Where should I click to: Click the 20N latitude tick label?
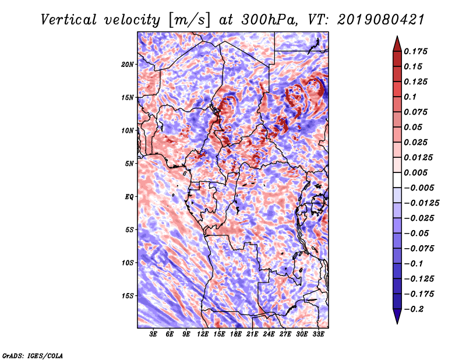coord(127,65)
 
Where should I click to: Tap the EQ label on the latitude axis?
coord(129,197)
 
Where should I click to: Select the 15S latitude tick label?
coord(127,296)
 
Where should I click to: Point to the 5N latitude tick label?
coord(129,164)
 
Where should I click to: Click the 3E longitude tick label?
coord(153,334)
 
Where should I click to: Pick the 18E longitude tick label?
coord(236,334)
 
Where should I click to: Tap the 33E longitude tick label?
coord(318,334)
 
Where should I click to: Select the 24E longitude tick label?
coord(269,334)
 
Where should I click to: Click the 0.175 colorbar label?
coord(415,51)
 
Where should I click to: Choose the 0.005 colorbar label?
coord(415,172)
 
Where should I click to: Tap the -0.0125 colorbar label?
coord(421,203)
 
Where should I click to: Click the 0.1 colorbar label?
coord(410,97)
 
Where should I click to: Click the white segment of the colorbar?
coord(397,180)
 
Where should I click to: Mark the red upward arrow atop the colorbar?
coord(397,44)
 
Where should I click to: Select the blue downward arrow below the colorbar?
coord(397,316)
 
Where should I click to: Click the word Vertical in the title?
coord(68,20)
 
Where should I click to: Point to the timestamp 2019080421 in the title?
coord(381,20)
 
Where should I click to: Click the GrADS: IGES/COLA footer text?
coord(33,355)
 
